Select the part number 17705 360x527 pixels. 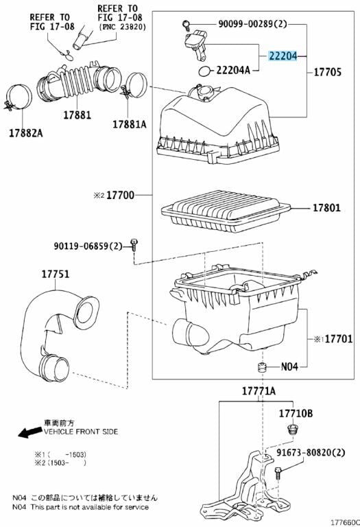[331, 71]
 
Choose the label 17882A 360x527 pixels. [25, 132]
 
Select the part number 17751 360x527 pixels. [55, 274]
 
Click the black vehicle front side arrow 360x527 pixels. [29, 433]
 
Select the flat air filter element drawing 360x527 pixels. [227, 211]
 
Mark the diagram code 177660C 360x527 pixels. [342, 521]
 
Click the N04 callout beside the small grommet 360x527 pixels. [289, 366]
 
